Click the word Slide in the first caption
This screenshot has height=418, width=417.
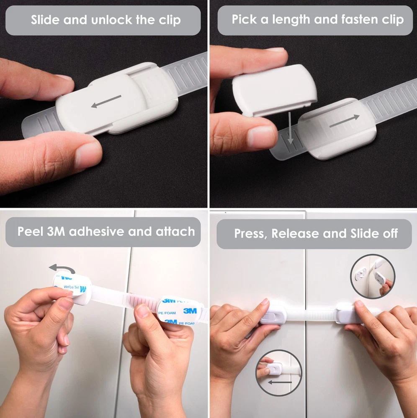45,20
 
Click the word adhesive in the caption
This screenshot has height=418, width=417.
97,232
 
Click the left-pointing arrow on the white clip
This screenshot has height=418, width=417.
106,102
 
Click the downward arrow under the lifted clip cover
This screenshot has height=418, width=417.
290,128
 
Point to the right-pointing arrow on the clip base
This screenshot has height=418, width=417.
345,121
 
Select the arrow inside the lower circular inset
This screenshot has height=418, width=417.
280,382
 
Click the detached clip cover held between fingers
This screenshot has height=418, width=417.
275,90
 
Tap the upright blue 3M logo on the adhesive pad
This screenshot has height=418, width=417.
190,311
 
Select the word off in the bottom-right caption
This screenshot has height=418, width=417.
390,234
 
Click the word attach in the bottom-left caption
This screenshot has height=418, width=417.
175,232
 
